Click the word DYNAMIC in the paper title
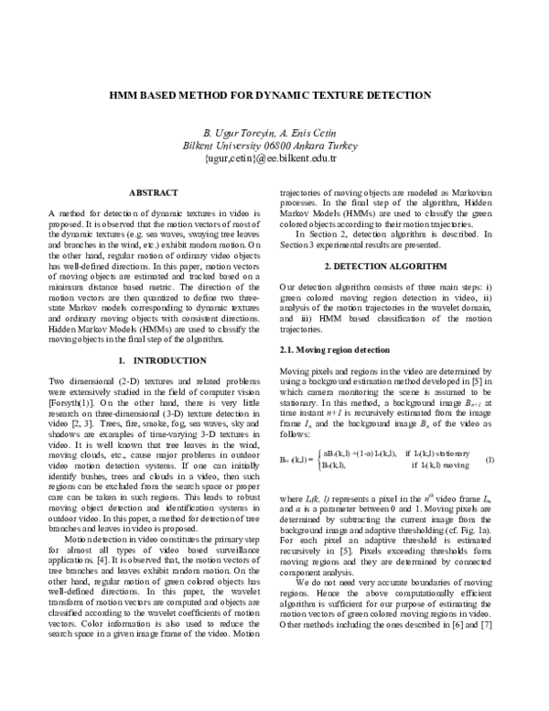pos(298,94)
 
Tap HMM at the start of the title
pos(133,94)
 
